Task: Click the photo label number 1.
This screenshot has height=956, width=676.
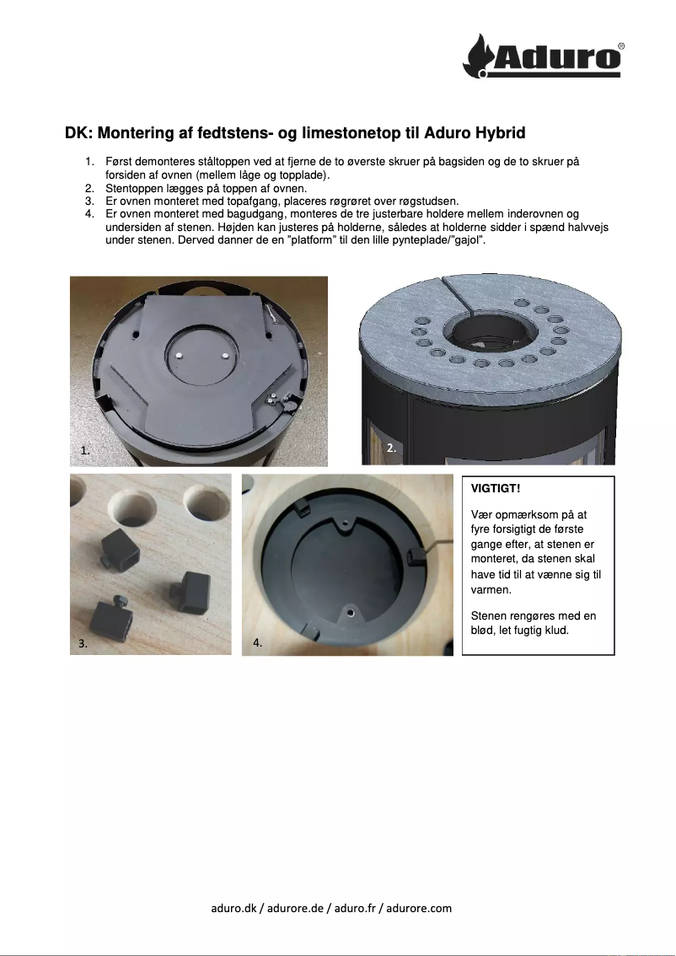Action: point(85,451)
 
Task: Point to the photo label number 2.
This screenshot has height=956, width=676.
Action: point(391,448)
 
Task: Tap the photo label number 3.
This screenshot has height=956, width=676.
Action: point(83,642)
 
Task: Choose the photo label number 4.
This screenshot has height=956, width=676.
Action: point(258,642)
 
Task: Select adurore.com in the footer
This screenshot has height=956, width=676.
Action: point(421,908)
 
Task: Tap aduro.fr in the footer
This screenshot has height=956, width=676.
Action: point(354,908)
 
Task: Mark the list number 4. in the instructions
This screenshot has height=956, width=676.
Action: point(89,215)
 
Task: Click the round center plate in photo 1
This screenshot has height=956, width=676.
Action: point(199,352)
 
